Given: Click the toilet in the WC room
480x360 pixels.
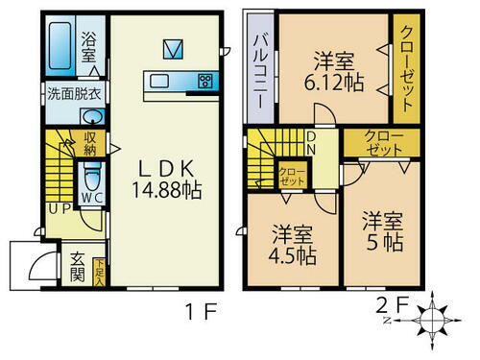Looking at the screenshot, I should (x=91, y=177).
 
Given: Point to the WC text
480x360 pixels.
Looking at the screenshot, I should (x=92, y=199).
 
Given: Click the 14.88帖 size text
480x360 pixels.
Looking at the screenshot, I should (x=165, y=189).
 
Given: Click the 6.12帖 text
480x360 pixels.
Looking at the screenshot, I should (x=334, y=83).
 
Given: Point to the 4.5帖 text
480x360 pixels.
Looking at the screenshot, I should (x=293, y=256).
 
